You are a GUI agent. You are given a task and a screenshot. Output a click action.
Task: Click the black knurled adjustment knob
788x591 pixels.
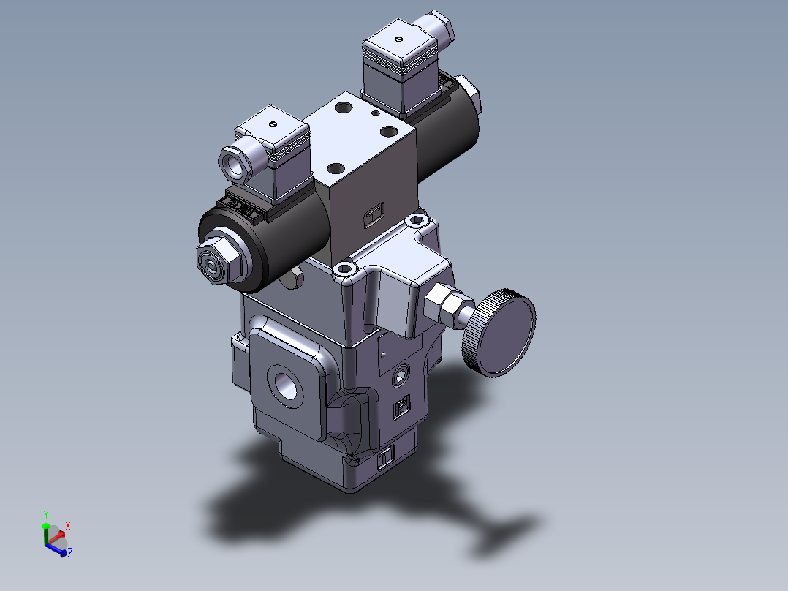(x=503, y=334)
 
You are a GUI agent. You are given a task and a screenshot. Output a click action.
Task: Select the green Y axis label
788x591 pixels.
(x=45, y=514)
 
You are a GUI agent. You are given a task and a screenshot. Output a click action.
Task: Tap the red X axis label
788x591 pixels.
(x=68, y=526)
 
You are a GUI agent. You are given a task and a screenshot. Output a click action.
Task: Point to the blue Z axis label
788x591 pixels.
(x=69, y=554)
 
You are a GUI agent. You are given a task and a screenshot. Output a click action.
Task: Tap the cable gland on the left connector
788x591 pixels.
(x=235, y=162)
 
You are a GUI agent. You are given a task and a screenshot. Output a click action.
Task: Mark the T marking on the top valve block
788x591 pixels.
(x=374, y=215)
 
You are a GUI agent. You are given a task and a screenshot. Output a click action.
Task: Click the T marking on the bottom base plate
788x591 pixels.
(x=386, y=456)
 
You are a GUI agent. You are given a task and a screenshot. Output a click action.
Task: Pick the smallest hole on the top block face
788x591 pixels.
(x=375, y=114)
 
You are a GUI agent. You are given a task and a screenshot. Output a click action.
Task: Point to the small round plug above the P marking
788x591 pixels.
(x=400, y=377)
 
